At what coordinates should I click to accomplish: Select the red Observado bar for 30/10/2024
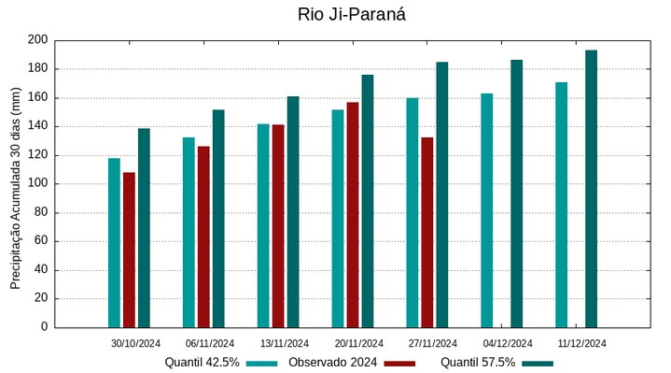[x=129, y=250]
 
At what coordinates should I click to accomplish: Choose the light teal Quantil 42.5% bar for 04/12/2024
[x=486, y=210]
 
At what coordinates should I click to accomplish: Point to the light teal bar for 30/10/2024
[x=114, y=243]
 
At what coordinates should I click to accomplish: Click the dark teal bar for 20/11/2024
[x=367, y=201]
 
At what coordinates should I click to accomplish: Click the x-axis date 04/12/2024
[x=508, y=343]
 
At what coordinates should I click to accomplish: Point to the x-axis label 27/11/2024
[x=433, y=343]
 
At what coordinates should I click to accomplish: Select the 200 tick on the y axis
[x=37, y=40]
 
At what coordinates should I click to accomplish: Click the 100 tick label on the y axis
[x=37, y=184]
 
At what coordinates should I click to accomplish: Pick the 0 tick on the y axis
[x=43, y=327]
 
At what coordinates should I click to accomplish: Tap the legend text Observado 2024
[x=332, y=362]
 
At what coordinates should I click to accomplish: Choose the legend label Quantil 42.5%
[x=203, y=362]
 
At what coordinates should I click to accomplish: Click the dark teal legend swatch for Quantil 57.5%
[x=538, y=363]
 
